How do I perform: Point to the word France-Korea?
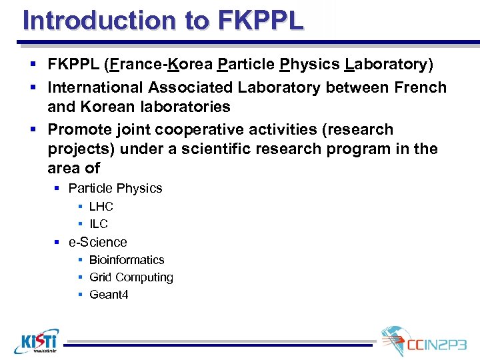[161, 65]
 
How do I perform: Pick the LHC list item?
[101, 207]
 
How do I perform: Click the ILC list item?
[98, 224]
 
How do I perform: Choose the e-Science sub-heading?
[97, 242]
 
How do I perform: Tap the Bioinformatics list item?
[127, 260]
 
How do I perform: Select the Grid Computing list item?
[131, 277]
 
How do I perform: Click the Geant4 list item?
[109, 295]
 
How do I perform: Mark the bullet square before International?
[33, 87]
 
